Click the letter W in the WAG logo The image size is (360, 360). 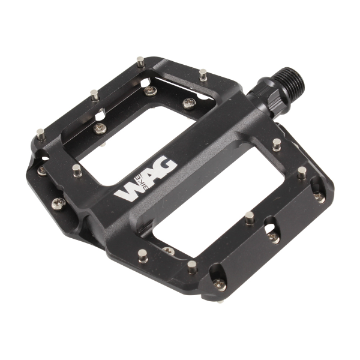coord(128,191)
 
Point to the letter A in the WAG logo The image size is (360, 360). coord(148,178)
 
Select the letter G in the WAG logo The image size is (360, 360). coord(166,166)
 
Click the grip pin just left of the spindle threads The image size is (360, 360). coord(203,75)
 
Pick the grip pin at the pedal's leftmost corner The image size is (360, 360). coord(40,134)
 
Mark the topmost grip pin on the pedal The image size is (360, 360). coord(140,62)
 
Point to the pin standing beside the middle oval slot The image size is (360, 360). coord(250,217)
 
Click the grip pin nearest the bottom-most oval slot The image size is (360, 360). coord(192,266)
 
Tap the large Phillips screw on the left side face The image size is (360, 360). coord(59,203)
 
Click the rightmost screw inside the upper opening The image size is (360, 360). coord(188,103)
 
